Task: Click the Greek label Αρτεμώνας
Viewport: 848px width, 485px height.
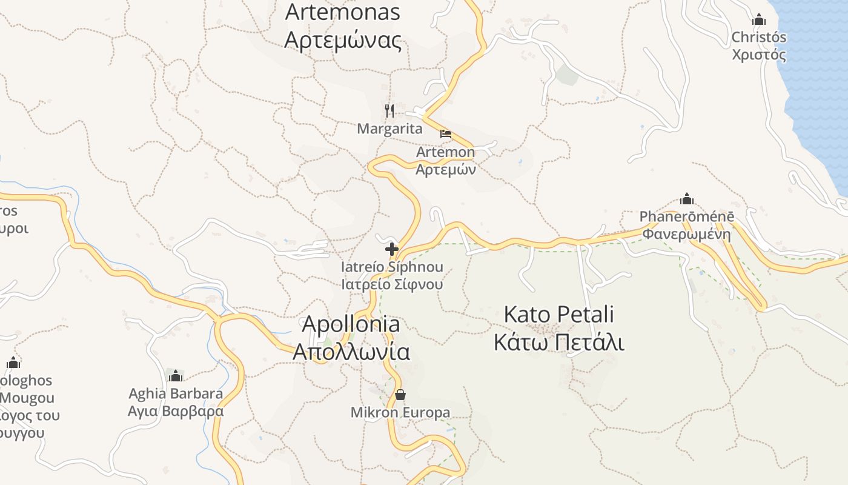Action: coord(343,40)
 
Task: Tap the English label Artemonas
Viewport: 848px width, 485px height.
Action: coord(343,12)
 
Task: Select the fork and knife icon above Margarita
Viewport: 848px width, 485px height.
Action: coord(389,110)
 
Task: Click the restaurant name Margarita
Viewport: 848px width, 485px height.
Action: coord(389,129)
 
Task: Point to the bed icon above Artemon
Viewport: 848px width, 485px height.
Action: coord(446,134)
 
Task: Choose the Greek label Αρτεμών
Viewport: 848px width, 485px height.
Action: coord(446,169)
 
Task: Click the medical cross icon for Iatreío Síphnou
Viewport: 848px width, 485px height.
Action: coord(392,249)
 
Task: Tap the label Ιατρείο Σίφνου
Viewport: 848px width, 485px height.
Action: coord(392,284)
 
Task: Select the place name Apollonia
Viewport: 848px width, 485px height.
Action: coord(351,324)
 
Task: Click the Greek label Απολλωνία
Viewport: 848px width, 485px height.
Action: coord(351,352)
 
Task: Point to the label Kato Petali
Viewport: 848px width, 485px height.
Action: coord(558,315)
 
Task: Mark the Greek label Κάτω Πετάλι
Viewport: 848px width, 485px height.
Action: coord(558,343)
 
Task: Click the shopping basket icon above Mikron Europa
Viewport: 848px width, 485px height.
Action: coord(400,395)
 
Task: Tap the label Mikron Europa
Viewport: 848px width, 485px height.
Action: coord(400,413)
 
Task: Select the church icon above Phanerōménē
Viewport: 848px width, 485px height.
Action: coord(686,199)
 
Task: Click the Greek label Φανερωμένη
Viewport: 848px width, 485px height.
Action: coord(686,234)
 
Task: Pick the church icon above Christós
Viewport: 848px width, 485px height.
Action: coord(759,19)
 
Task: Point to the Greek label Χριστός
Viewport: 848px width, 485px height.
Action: coord(759,55)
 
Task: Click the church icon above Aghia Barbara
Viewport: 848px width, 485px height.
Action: coord(176,376)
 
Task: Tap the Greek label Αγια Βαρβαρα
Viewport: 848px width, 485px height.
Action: coord(176,411)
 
